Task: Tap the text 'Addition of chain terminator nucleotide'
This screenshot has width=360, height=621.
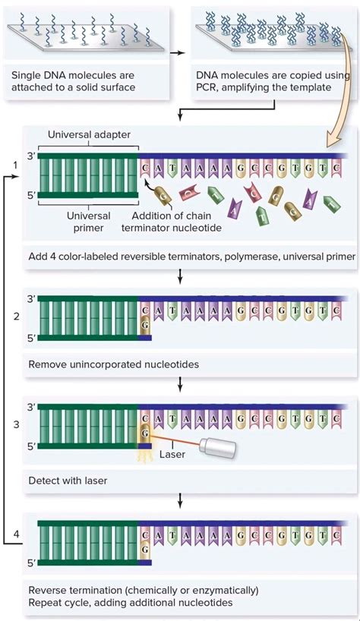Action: [x=173, y=221]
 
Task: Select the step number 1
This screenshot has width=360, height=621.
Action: [x=14, y=165]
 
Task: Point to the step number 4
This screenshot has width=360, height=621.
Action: [x=16, y=535]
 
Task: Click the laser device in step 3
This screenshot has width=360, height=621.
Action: [x=215, y=448]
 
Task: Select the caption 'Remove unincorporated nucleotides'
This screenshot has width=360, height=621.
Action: [x=114, y=364]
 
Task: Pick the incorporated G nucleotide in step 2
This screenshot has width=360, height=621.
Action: [x=145, y=324]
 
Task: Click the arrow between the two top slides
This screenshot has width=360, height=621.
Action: [x=176, y=54]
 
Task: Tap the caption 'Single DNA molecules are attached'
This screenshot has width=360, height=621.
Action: [x=84, y=81]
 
